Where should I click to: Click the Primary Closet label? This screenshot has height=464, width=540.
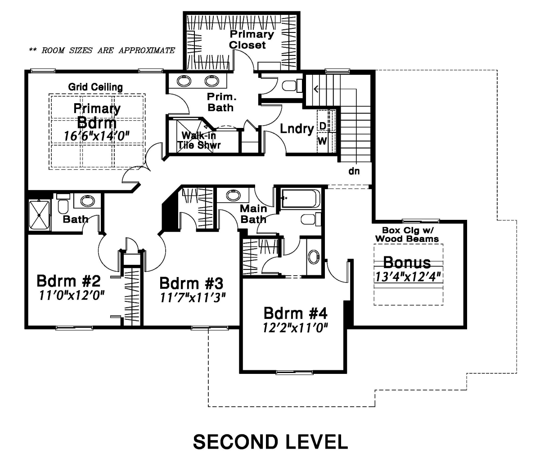251,40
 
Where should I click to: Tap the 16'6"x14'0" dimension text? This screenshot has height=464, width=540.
97,136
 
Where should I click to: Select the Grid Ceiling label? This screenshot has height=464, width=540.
95,87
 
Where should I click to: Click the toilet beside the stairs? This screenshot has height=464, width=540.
292,86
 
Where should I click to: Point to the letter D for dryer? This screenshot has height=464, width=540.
323,126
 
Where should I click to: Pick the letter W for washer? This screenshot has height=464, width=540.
322,141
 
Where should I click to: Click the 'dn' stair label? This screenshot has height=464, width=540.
354,171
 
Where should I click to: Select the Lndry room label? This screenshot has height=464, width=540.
297,129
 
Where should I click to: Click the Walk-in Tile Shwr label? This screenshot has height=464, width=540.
199,140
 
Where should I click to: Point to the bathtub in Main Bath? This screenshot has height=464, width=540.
300,199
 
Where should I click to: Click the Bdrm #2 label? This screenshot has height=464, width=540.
69,281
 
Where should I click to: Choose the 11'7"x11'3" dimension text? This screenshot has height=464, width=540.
193,297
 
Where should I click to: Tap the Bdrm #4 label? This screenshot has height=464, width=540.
295,313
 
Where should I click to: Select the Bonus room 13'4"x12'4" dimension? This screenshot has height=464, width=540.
408,277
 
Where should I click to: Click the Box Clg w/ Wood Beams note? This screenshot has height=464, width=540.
407,234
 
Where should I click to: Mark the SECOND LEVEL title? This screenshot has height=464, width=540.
270,442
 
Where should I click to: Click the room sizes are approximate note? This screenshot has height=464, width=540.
102,50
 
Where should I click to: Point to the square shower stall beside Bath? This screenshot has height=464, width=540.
39,215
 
